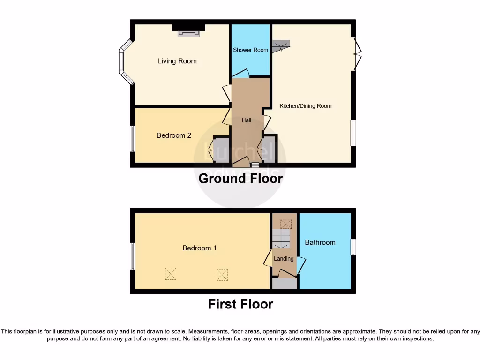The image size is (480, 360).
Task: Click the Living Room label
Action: (x=177, y=61)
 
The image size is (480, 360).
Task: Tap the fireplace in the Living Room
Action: (x=188, y=32)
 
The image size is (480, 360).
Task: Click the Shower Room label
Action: (x=250, y=50)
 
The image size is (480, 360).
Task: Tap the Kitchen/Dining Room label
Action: (x=305, y=106)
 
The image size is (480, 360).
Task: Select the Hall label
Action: (x=247, y=120)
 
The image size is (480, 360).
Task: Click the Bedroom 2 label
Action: (x=173, y=135)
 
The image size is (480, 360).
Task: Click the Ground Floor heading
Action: (x=240, y=179)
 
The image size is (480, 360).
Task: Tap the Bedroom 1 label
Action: (x=199, y=248)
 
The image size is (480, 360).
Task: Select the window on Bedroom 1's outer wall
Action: (x=133, y=256)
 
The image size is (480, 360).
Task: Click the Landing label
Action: (x=284, y=259)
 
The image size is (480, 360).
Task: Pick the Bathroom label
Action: (x=320, y=242)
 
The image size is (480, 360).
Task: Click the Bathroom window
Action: (x=353, y=247)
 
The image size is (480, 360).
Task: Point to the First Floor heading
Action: (x=240, y=304)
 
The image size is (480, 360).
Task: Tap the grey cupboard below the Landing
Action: (x=285, y=284)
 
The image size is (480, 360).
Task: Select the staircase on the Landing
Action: (x=282, y=238)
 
